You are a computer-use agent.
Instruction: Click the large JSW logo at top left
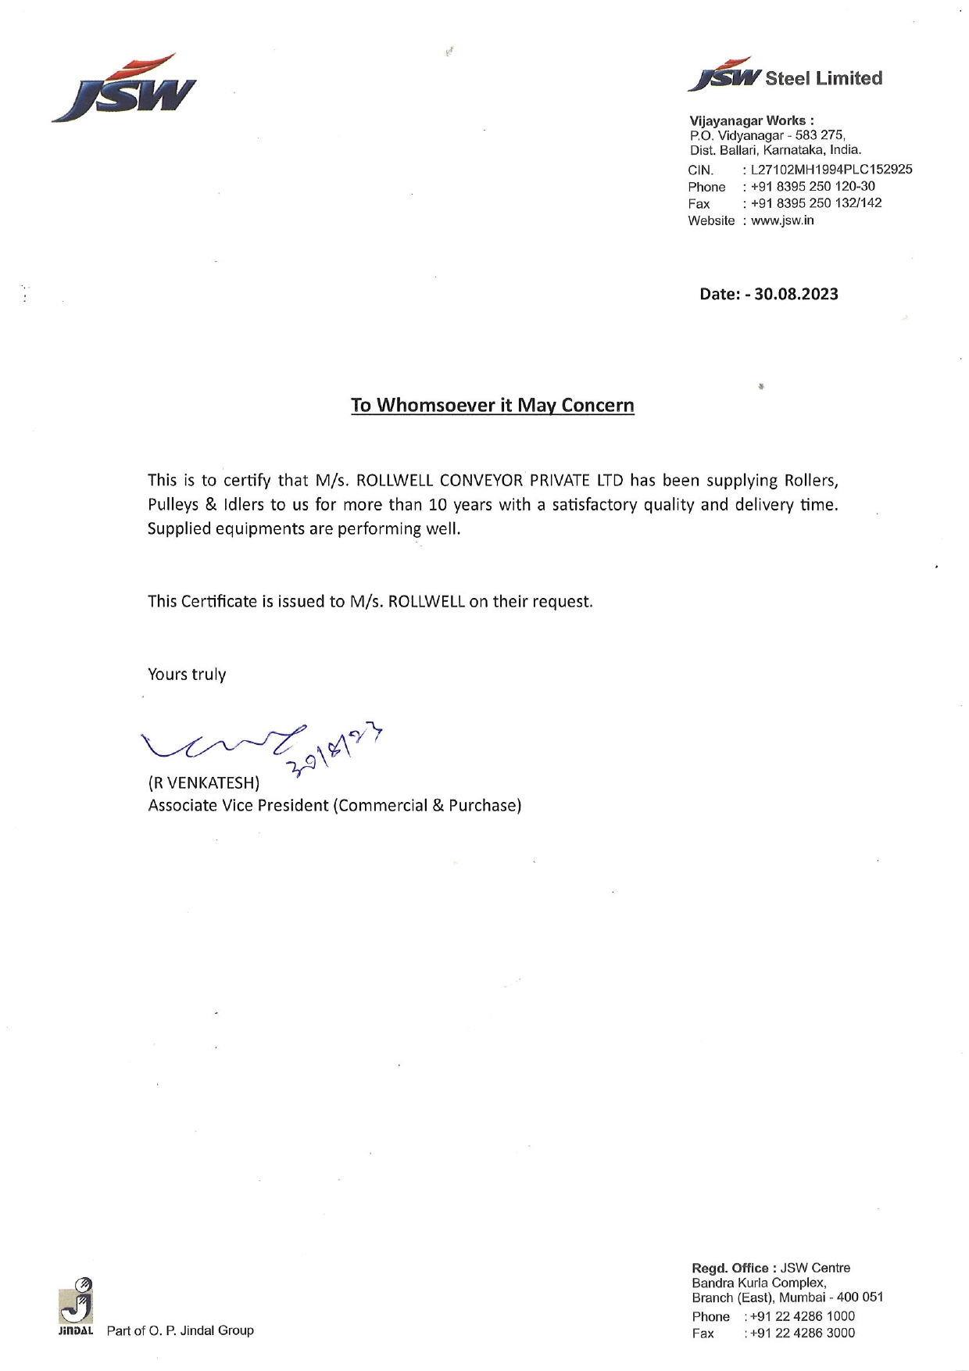click(123, 88)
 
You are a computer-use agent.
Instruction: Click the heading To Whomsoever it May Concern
click(492, 405)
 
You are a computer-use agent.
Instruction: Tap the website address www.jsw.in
click(782, 220)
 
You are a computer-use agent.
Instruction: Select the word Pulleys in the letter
click(172, 504)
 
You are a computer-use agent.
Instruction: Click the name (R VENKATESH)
click(204, 782)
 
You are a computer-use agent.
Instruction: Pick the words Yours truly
click(187, 674)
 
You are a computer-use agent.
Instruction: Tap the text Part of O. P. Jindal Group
click(180, 1330)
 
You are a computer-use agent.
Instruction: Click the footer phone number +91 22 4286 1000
click(803, 1316)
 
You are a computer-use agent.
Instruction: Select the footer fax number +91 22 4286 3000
click(803, 1333)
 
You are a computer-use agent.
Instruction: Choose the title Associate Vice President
click(238, 805)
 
